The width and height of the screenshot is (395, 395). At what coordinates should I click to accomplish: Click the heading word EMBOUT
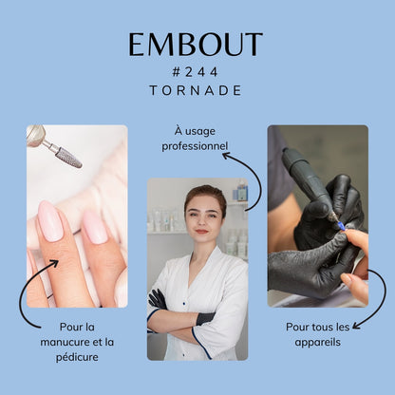(196, 45)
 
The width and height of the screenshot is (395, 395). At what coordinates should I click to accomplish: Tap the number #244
(196, 72)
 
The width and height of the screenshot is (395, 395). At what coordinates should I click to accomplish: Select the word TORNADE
(196, 90)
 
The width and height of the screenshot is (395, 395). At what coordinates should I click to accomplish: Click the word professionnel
(195, 146)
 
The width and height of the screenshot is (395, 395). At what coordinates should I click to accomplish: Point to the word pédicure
(77, 357)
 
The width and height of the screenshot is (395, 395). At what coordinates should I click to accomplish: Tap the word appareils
(317, 343)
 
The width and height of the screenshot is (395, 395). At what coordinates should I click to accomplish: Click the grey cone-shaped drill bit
(68, 158)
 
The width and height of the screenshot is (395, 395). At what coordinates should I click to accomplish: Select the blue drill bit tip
(341, 225)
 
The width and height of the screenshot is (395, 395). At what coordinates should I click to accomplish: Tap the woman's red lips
(201, 232)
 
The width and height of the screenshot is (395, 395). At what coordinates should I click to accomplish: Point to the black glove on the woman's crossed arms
(158, 299)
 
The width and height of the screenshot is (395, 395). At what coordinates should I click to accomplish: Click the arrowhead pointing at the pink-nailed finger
(54, 263)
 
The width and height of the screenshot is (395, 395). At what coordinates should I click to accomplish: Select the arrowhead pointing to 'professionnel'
(226, 156)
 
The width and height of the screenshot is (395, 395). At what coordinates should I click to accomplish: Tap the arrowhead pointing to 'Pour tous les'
(356, 326)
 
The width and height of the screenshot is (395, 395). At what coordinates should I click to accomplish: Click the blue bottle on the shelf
(242, 193)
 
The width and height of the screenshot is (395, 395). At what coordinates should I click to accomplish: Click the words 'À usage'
(195, 131)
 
